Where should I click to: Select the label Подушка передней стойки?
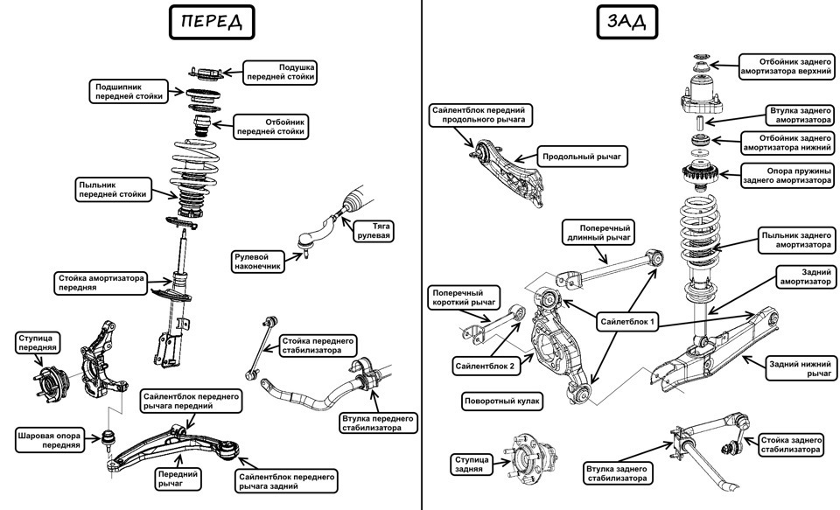(280, 72)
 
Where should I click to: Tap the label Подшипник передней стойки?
(129, 92)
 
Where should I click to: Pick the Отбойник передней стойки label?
(272, 127)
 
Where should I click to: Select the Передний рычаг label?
(178, 478)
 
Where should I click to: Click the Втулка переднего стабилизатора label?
(372, 423)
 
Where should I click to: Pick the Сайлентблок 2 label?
(485, 367)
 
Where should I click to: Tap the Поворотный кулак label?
(502, 402)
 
